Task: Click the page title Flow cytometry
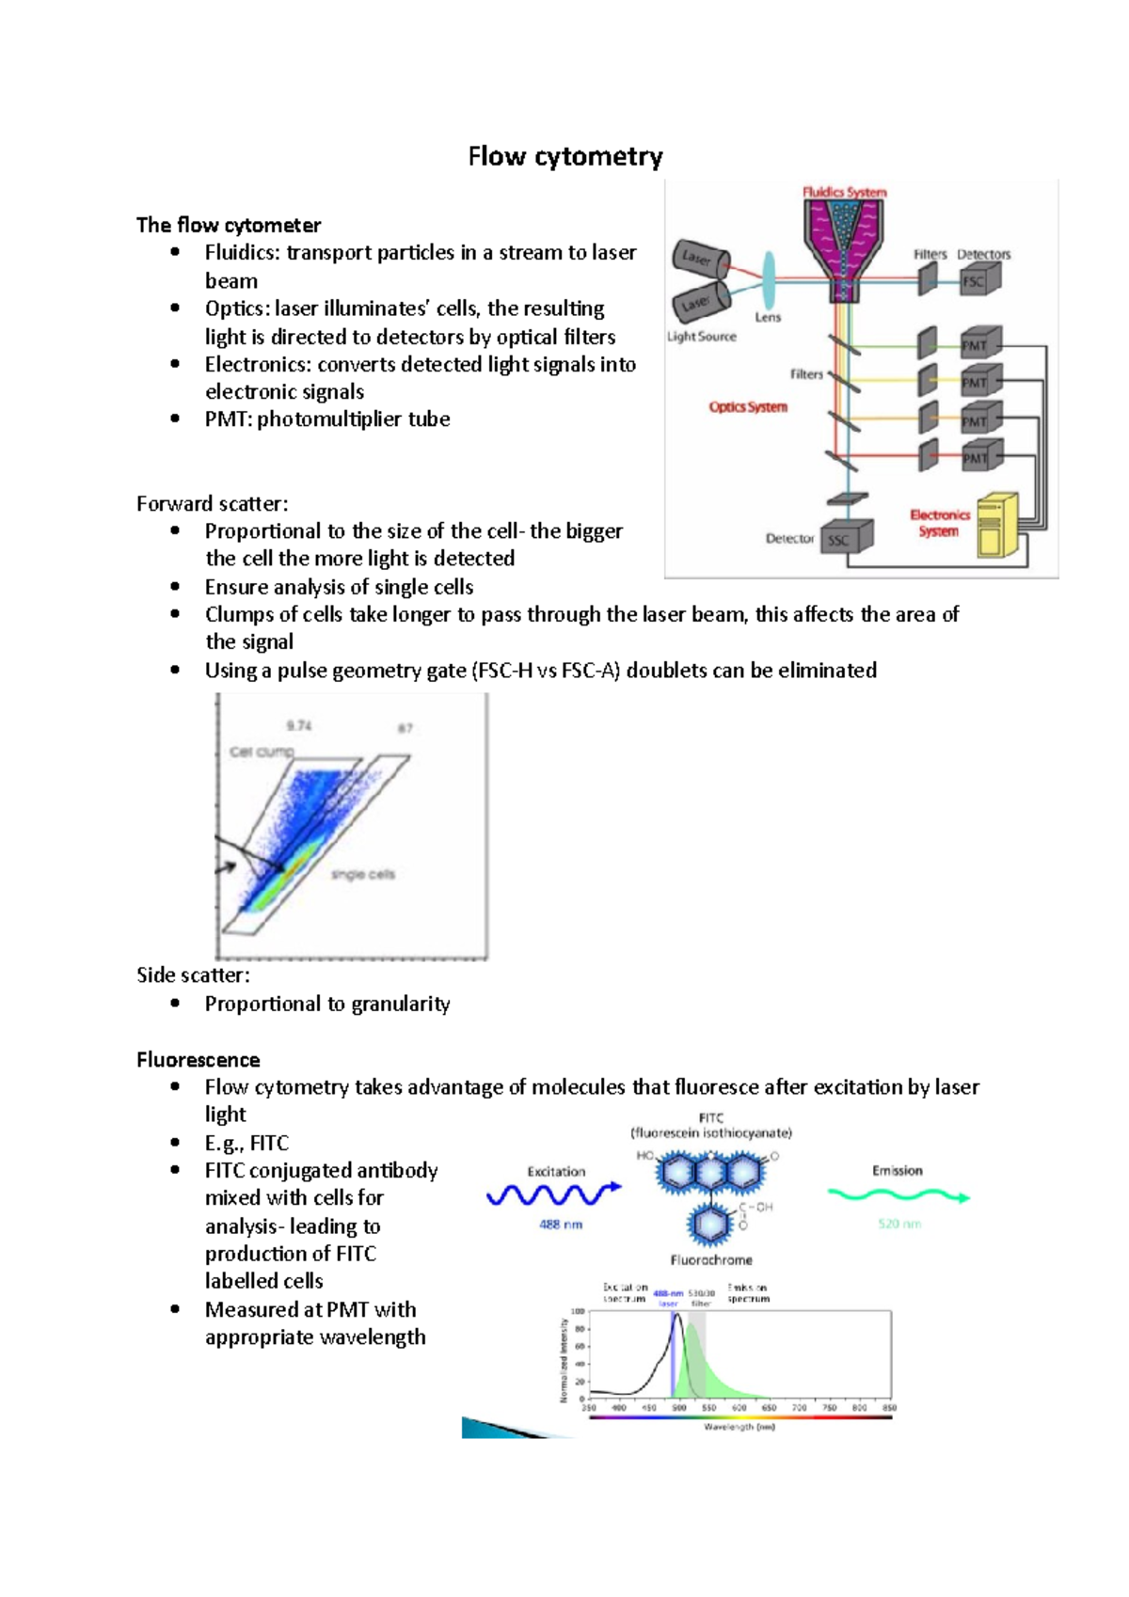[565, 156]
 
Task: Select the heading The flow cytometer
[229, 225]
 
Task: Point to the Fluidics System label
[844, 192]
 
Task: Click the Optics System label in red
[748, 407]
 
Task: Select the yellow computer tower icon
[995, 526]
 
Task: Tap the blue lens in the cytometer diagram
[769, 279]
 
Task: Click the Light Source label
[702, 337]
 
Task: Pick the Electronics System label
[939, 523]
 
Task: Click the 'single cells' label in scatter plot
[363, 875]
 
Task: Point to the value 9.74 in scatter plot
[299, 725]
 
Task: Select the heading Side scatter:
[193, 974]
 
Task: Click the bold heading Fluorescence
[198, 1060]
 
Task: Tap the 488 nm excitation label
[561, 1225]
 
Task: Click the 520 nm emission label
[899, 1224]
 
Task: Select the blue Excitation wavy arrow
[553, 1194]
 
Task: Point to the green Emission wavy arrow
[898, 1195]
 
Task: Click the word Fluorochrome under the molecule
[711, 1259]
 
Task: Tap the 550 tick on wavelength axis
[708, 1408]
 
